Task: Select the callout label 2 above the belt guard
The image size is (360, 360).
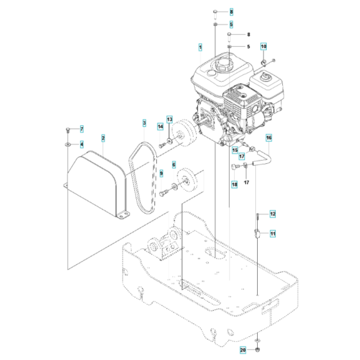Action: pyautogui.click(x=103, y=138)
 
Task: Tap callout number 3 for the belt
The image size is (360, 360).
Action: pyautogui.click(x=145, y=123)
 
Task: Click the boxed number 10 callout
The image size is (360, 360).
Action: pyautogui.click(x=263, y=46)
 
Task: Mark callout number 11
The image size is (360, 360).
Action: pyautogui.click(x=272, y=233)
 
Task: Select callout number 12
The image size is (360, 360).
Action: pyautogui.click(x=272, y=213)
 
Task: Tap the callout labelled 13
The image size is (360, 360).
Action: pyautogui.click(x=170, y=120)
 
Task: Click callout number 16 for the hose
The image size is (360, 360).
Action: pyautogui.click(x=269, y=138)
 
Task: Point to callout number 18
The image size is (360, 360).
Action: pyautogui.click(x=235, y=184)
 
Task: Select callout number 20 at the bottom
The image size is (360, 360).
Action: pyautogui.click(x=261, y=350)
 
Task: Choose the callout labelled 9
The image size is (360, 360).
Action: pyautogui.click(x=161, y=172)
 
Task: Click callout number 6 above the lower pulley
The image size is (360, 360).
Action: pyautogui.click(x=173, y=165)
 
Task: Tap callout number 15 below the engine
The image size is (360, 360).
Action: pyautogui.click(x=235, y=149)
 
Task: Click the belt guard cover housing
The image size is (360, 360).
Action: pyautogui.click(x=96, y=180)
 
